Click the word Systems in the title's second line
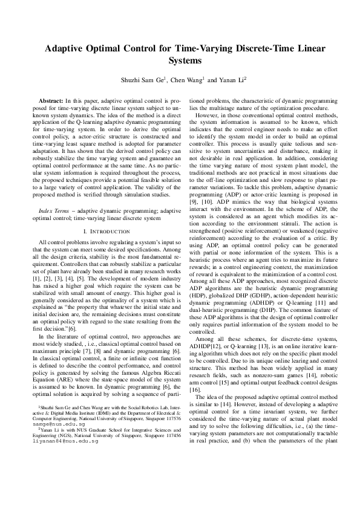point(180,60)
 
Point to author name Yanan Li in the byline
point(233,79)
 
